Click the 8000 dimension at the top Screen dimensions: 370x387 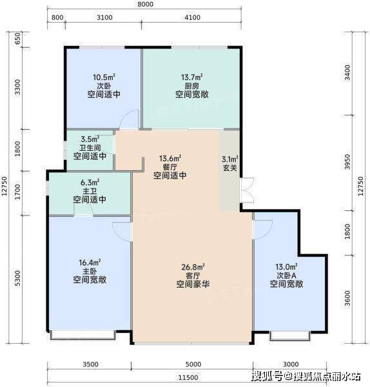pos(145,5)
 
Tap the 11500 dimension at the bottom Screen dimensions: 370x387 pos(188,377)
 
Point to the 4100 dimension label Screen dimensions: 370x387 pos(192,17)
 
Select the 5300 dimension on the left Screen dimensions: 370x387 pos(17,279)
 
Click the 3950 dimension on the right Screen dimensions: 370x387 pos(347,162)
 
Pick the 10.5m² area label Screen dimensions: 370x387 pos(104,77)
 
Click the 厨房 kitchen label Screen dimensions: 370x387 pos(191,86)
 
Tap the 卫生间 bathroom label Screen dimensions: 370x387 pos(90,148)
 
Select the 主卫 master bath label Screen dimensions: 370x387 pos(90,191)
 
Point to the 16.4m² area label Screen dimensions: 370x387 pos(90,263)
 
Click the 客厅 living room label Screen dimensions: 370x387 pos(193,275)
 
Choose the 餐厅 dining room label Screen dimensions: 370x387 pos(170,167)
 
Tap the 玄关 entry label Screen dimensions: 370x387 pos(230,168)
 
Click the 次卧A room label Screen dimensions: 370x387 pos(286,275)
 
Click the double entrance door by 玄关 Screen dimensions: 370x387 pos(247,190)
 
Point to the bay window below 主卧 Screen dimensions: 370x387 pos(83,335)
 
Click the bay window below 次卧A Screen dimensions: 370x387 pos(290,336)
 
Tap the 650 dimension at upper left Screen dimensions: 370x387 pos(17,39)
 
